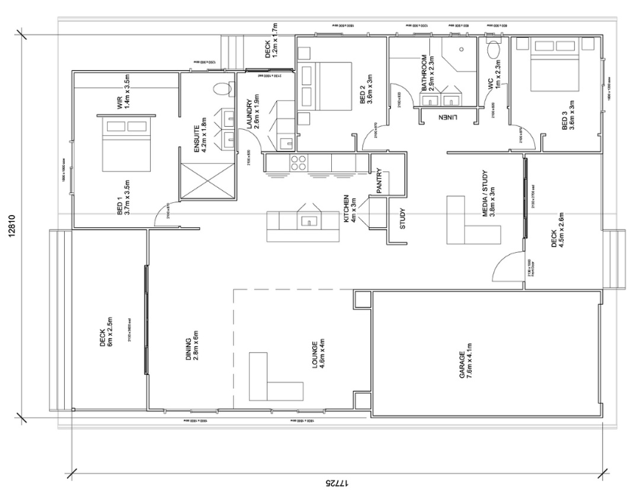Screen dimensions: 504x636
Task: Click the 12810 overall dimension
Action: pyautogui.click(x=11, y=224)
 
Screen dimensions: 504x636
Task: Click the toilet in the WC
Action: pyautogui.click(x=494, y=50)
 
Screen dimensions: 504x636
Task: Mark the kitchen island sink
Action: pyautogui.click(x=309, y=221)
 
